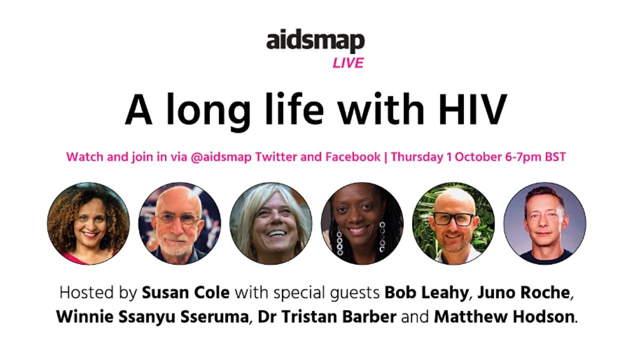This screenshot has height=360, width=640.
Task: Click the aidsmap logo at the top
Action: [315, 41]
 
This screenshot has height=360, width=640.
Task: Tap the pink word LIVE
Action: [348, 63]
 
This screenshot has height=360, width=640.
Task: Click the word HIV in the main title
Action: [472, 109]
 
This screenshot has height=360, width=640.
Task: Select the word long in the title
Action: [208, 112]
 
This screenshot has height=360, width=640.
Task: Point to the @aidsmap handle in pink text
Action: [221, 157]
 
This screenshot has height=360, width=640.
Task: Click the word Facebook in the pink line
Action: [353, 157]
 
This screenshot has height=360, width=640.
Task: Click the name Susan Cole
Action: [185, 292]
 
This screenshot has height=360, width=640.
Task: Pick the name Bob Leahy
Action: [426, 293]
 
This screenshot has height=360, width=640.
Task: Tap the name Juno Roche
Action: [523, 292]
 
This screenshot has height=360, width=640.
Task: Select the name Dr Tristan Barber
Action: [327, 316]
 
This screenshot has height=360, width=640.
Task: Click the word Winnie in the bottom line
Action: [85, 316]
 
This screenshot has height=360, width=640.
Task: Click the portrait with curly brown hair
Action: [88, 223]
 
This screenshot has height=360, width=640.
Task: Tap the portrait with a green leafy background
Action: [453, 223]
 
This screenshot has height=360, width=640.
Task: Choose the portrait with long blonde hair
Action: [271, 223]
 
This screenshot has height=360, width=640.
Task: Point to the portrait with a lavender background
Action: [545, 223]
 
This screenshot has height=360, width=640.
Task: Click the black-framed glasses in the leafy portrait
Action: [453, 219]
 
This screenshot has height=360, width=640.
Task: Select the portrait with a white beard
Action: [179, 223]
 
